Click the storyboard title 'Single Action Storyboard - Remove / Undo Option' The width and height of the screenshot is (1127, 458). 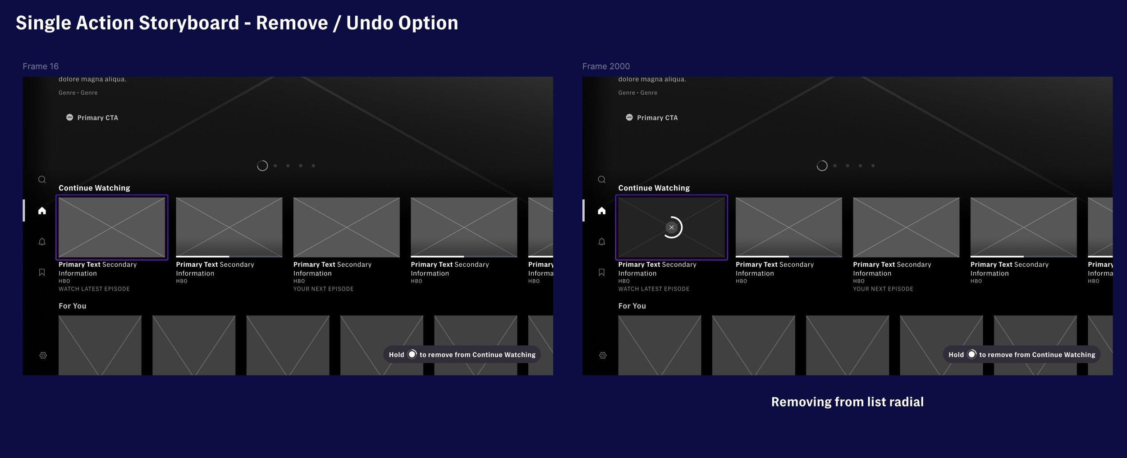click(237, 23)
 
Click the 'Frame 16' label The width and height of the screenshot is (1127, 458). click(41, 66)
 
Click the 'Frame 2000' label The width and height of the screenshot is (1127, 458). click(606, 66)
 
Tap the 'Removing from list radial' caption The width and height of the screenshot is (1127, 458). click(847, 402)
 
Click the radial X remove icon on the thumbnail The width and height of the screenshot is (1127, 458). click(671, 227)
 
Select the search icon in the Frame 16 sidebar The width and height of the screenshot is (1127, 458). click(42, 180)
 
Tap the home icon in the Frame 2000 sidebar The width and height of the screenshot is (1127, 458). click(601, 210)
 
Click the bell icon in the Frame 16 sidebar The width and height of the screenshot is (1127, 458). click(42, 242)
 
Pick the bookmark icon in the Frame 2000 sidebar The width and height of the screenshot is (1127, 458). click(601, 272)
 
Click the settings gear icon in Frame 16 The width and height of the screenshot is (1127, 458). click(43, 355)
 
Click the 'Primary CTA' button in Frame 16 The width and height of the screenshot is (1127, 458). click(92, 117)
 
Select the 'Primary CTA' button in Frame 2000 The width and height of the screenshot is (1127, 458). click(651, 117)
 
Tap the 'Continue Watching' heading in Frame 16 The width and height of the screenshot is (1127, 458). click(94, 188)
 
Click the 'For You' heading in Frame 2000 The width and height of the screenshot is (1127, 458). click(632, 306)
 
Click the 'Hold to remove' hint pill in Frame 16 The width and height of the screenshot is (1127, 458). click(462, 354)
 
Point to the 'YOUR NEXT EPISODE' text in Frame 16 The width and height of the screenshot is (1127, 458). click(323, 289)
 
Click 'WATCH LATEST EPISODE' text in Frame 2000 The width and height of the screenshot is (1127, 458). click(654, 289)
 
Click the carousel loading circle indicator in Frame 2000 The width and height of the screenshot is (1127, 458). click(822, 166)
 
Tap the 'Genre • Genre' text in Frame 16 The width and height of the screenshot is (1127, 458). click(78, 93)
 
